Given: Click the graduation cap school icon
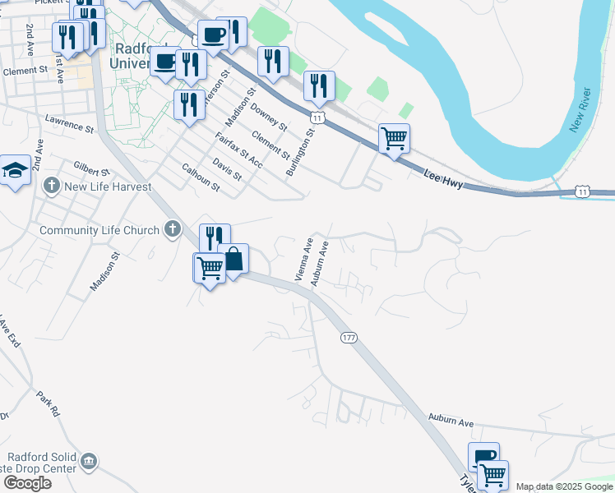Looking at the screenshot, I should [15, 171].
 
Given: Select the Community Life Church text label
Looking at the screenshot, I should [99, 230].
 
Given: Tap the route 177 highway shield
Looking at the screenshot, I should [348, 338].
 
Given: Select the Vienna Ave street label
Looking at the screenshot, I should [303, 257].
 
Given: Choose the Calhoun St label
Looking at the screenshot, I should [201, 177].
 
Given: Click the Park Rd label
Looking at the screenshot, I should [49, 401].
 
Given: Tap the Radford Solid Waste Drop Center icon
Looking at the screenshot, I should [90, 463].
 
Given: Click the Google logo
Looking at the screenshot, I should [27, 483].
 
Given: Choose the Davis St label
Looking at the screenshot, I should [227, 169].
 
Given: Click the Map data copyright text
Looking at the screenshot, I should [564, 486].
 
